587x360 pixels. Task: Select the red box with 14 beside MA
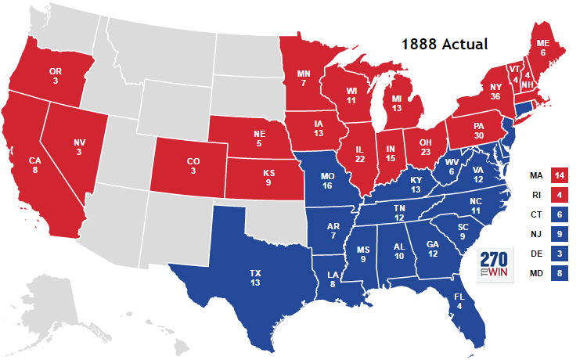(560, 175)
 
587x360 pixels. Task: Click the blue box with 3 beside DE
(560, 253)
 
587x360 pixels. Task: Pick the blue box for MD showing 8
(560, 273)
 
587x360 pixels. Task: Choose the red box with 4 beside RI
(560, 195)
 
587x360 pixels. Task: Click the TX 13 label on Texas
(255, 278)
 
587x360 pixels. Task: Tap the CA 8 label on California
(35, 167)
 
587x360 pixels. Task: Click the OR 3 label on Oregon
(56, 76)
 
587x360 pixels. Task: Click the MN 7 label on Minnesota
(305, 78)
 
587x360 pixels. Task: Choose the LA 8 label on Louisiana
(333, 280)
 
